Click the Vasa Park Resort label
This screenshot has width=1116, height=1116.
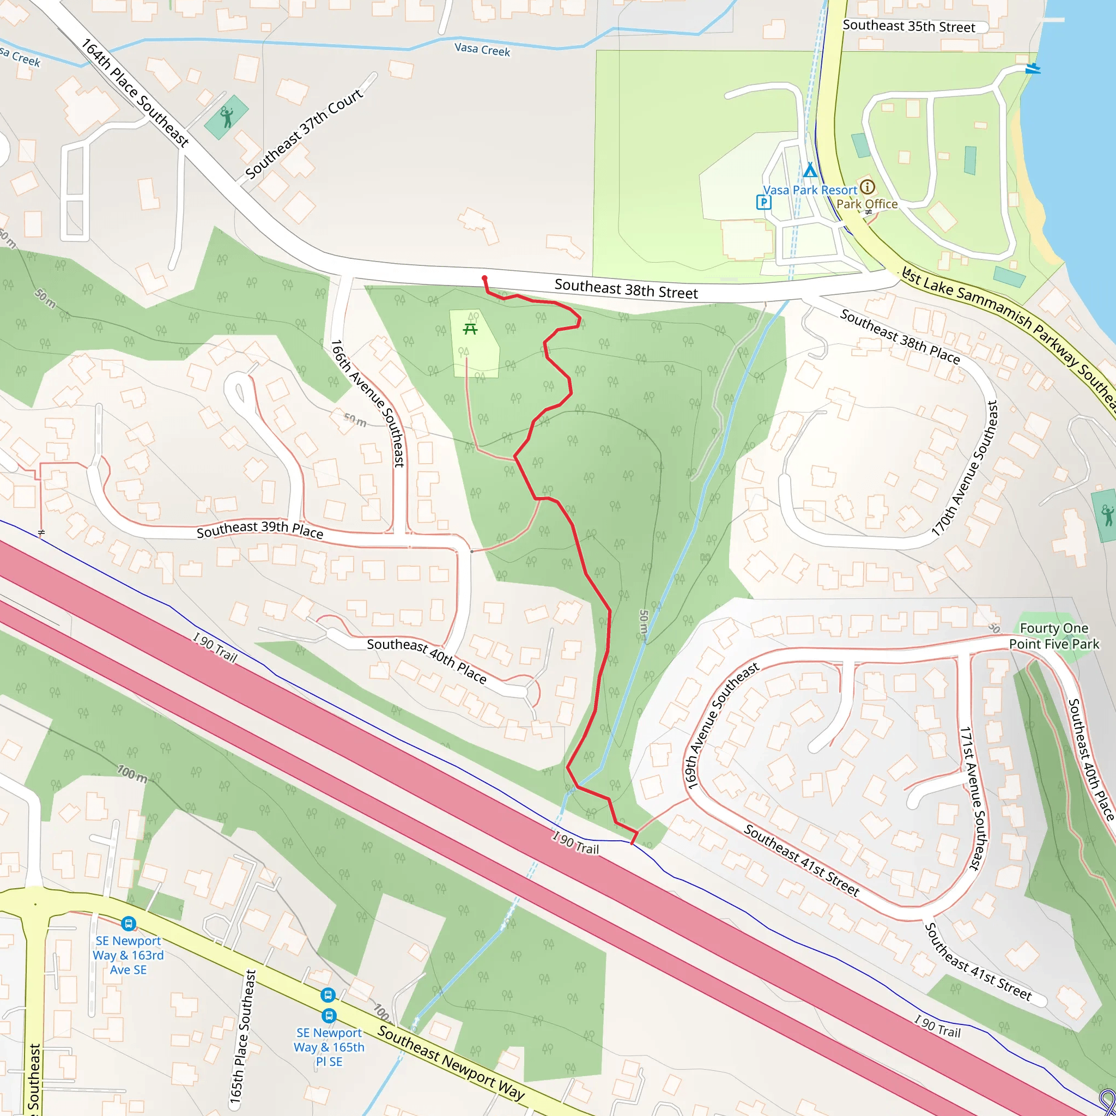(810, 190)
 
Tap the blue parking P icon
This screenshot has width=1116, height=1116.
(763, 202)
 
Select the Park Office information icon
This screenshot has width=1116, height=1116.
(867, 186)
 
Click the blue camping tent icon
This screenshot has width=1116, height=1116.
(810, 171)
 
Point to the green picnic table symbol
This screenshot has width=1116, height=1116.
(470, 329)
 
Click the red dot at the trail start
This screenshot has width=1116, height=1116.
(484, 278)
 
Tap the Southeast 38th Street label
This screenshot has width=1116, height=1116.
(626, 289)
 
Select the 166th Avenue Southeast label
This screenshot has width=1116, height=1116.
(367, 403)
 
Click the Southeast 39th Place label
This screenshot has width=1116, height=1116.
(260, 530)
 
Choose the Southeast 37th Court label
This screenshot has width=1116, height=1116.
(305, 134)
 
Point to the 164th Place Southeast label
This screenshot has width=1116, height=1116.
(135, 93)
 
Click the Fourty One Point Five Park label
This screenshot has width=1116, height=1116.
(1054, 636)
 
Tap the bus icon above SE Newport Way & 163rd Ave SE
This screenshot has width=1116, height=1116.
(128, 923)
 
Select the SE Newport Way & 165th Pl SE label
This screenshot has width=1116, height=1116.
(329, 1047)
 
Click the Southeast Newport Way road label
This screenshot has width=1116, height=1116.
(451, 1063)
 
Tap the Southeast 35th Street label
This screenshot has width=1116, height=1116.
(908, 26)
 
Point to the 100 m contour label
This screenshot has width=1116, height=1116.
(132, 773)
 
